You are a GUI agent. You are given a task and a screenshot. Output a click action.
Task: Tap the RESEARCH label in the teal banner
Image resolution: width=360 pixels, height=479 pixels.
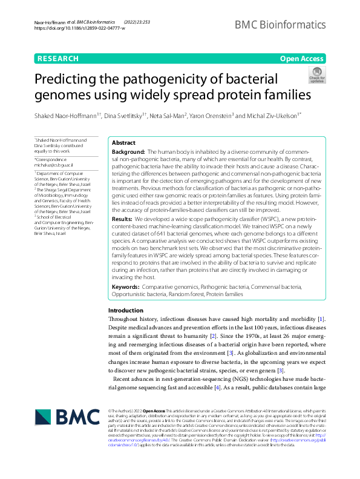point(58,59)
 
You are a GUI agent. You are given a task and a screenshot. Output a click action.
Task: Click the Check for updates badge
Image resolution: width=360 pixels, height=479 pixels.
point(316,76)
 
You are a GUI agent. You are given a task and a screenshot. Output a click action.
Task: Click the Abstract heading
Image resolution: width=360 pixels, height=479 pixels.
point(123,142)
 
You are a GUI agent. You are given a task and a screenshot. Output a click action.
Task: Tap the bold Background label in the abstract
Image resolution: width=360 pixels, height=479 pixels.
point(128,151)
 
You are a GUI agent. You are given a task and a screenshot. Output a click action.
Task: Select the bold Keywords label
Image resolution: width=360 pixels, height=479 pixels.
point(126,286)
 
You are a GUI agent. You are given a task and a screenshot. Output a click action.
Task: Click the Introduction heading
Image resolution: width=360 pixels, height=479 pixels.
point(126,310)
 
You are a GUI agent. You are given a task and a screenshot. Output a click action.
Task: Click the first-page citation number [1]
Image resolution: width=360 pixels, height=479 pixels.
point(321,319)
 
